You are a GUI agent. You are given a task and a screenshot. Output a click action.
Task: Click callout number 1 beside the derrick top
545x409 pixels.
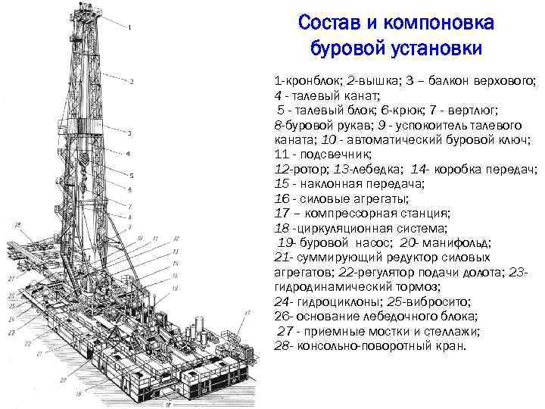(130, 29)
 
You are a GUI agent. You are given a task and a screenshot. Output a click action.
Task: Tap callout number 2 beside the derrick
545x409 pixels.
(132, 81)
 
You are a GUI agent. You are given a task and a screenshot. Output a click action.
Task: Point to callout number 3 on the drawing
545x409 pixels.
(129, 133)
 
